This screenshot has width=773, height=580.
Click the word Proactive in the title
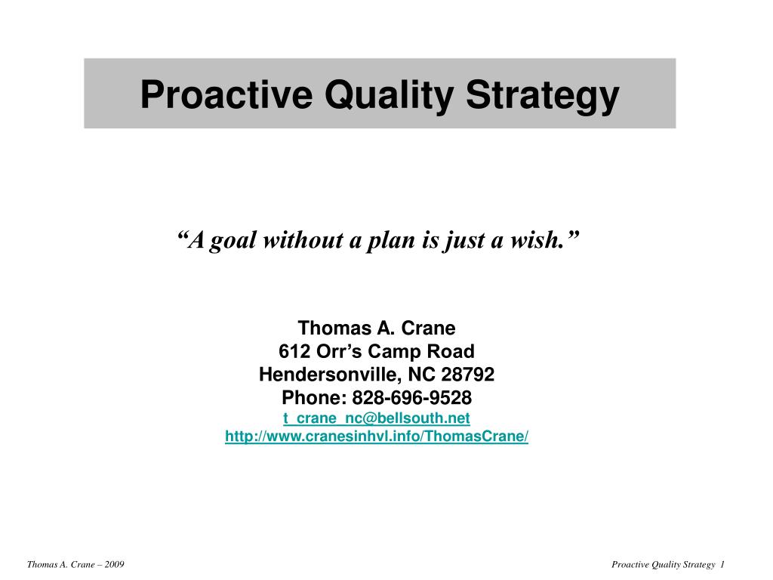pyautogui.click(x=226, y=94)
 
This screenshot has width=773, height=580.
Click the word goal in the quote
pyautogui.click(x=233, y=241)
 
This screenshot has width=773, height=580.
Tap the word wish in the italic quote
pyautogui.click(x=537, y=240)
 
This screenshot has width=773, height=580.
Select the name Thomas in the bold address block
pyautogui.click(x=334, y=328)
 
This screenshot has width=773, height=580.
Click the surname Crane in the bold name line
pyautogui.click(x=429, y=328)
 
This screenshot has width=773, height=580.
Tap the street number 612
pyautogui.click(x=294, y=351)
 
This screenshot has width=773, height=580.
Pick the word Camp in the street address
pyautogui.click(x=394, y=352)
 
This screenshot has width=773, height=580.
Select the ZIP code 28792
pyautogui.click(x=467, y=375)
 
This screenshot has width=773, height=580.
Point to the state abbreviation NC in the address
pyautogui.click(x=421, y=375)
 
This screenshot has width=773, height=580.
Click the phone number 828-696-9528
pyautogui.click(x=411, y=397)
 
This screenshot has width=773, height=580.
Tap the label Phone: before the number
pyautogui.click(x=314, y=397)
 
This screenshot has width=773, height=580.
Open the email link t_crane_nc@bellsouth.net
pyautogui.click(x=377, y=418)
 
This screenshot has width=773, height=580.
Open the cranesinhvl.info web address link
pyautogui.click(x=377, y=436)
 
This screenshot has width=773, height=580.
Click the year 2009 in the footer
pyautogui.click(x=115, y=565)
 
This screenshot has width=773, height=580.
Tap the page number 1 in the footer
pyautogui.click(x=722, y=565)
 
